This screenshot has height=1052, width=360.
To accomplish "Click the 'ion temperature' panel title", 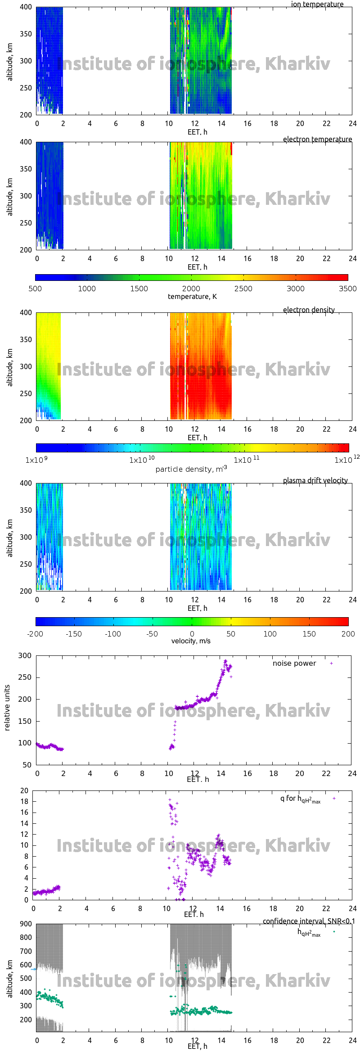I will tap(317, 4).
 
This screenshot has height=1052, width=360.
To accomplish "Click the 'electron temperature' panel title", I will tap(317, 139).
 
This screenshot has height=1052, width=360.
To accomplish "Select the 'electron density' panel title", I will tap(309, 310).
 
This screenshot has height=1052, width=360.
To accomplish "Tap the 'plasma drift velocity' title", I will tap(315, 480).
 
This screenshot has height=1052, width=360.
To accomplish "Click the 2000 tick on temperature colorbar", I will tap(191, 289).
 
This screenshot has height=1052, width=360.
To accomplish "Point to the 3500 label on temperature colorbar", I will tap(347, 289).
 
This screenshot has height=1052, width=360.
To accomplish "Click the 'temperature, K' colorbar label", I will tap(192, 296).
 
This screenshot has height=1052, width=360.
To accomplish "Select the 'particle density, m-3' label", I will tap(191, 469).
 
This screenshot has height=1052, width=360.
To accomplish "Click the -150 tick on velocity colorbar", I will tap(74, 634).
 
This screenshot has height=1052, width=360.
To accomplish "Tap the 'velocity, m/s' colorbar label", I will tap(191, 641).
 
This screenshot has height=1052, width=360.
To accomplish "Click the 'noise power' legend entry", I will tap(294, 663).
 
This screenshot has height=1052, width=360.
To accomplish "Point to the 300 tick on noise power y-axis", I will tap(25, 655).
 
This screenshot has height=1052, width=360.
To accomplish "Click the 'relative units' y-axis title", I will tap(7, 708).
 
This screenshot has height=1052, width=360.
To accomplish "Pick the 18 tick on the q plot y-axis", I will tap(24, 801).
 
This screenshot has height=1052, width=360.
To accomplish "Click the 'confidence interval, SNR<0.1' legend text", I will tap(309, 921).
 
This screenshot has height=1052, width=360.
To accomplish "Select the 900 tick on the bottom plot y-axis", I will tap(26, 924).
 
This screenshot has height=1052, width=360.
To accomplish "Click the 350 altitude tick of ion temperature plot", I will tap(26, 34).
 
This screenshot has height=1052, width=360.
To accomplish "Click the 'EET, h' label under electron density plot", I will tap(197, 438).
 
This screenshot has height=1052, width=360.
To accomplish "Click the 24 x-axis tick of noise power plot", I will tap(352, 773).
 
